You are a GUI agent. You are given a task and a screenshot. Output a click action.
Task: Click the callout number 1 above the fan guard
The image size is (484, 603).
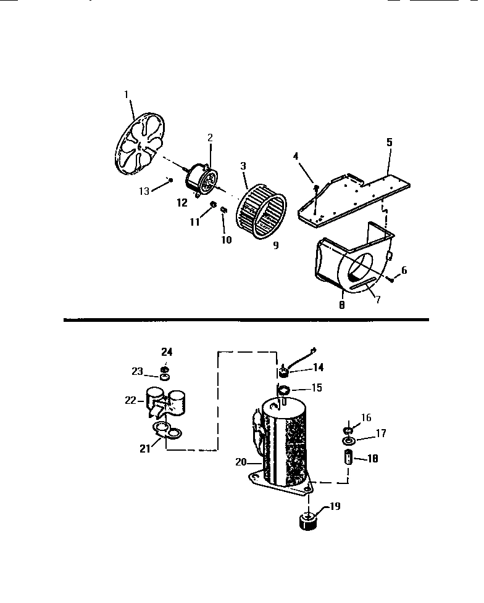(126, 94)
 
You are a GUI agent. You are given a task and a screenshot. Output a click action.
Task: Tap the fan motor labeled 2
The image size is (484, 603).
(202, 177)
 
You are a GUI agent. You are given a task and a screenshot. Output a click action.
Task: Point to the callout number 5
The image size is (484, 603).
(389, 142)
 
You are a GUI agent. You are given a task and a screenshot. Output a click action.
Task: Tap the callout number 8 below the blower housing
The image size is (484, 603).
(341, 304)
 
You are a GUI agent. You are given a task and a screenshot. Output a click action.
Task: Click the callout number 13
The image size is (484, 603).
(144, 191)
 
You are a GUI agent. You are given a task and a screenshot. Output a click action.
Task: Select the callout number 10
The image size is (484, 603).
(227, 240)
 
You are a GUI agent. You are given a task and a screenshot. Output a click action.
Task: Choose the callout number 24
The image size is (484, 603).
(167, 351)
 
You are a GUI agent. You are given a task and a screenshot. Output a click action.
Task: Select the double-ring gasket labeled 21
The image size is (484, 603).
(167, 433)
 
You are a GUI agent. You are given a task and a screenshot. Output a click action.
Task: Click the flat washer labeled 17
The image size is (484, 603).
(349, 441)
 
